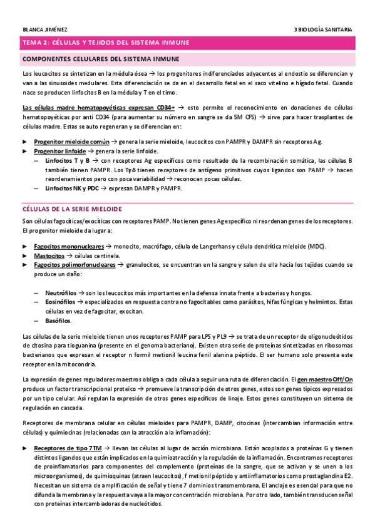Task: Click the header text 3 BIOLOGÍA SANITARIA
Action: click(323, 29)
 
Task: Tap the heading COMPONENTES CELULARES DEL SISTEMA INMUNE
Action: click(100, 59)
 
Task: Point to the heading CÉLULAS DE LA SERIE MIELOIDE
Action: click(71, 209)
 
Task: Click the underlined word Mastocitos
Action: click(49, 256)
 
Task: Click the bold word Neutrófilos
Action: click(61, 292)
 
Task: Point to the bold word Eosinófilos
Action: click(61, 302)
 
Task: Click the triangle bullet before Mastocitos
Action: click(25, 256)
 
